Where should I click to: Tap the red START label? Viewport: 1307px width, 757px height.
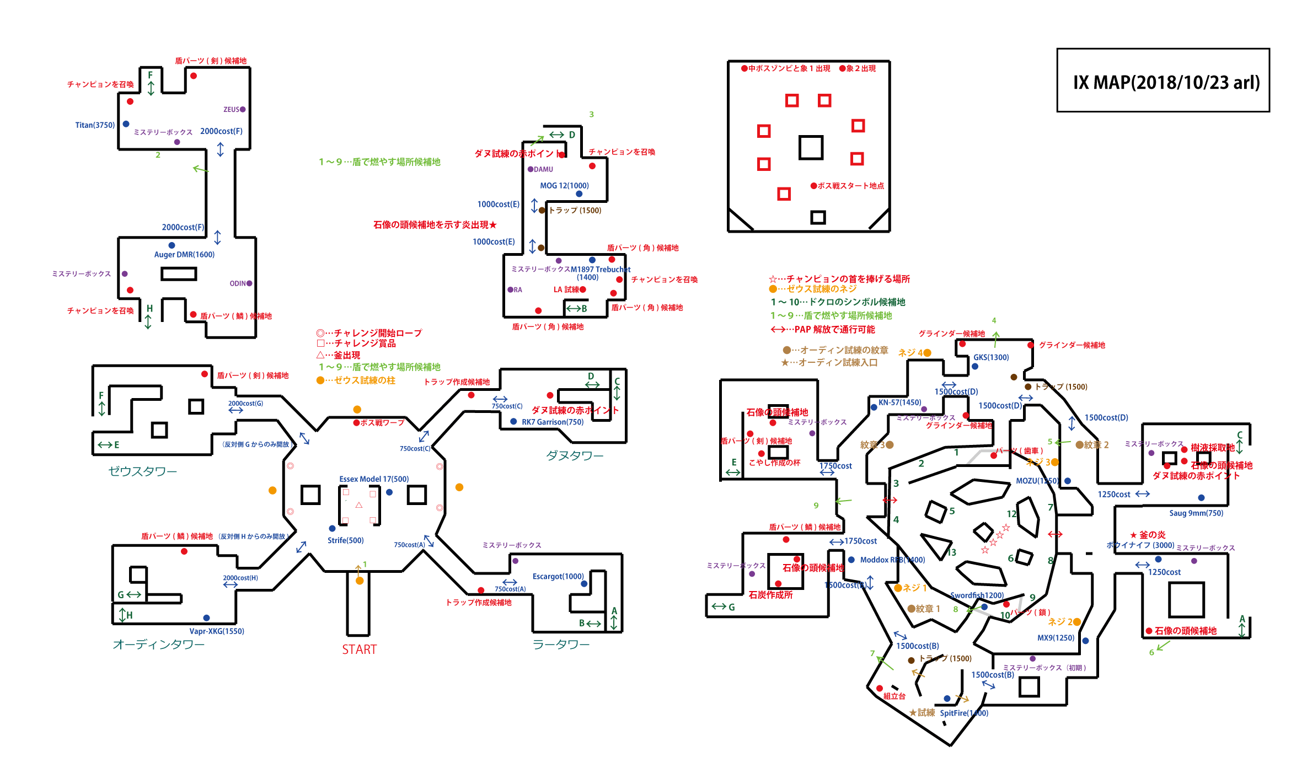coord(359,649)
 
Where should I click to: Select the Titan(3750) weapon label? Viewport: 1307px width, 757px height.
coord(95,125)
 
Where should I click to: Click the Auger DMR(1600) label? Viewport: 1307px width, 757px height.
coord(184,255)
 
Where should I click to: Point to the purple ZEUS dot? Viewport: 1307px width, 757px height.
coord(243,110)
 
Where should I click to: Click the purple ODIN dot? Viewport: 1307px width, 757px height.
coord(249,283)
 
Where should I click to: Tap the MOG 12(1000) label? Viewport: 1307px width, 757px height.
coord(564,186)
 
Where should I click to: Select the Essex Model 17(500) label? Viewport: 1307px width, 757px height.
coord(374,479)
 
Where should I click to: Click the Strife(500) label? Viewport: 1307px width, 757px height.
coord(345,540)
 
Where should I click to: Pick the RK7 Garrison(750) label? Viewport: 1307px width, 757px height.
coord(552,422)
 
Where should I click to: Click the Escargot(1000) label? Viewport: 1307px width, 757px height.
coord(558,577)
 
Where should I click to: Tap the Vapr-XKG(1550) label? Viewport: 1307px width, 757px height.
coord(217,631)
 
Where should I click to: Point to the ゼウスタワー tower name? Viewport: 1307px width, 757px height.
coord(142,471)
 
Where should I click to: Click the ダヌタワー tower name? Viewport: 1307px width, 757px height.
coord(575,456)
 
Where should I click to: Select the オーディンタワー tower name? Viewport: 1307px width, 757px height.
coord(158,645)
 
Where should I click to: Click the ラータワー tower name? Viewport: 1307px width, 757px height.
coord(561,645)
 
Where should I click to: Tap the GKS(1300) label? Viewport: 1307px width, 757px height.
coord(991,357)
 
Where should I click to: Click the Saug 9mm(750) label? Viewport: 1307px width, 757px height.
coord(1196,513)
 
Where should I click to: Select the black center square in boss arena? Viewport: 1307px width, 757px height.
coord(811,148)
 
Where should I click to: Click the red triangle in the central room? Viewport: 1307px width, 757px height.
coord(359,505)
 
